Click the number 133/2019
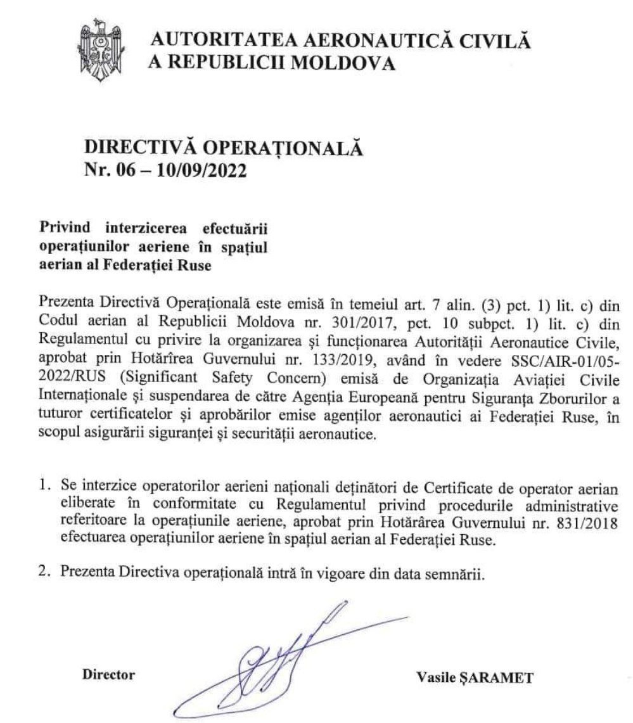309,356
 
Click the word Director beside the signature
110,674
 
